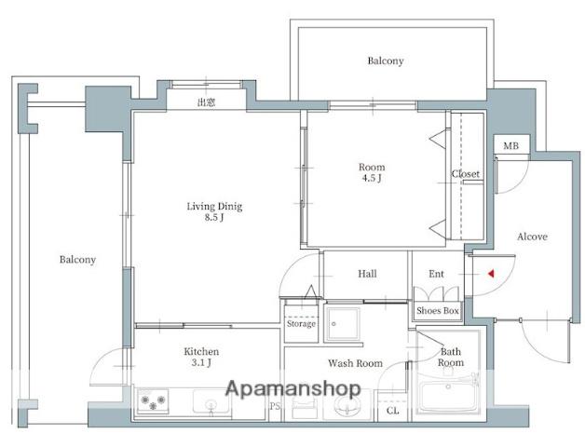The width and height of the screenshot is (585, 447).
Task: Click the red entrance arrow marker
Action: (491, 274)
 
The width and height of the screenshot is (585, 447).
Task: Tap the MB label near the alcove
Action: (510, 146)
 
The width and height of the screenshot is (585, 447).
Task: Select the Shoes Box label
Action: (437, 310)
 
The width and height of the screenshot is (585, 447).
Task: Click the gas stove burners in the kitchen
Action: (153, 400)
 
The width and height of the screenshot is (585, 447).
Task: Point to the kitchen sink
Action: (211, 401)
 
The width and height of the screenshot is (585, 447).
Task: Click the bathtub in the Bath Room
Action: (448, 393)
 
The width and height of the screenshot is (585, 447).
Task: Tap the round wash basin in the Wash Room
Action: (347, 406)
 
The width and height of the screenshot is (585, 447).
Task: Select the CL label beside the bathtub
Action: (392, 411)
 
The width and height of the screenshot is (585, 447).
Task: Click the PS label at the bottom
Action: (275, 406)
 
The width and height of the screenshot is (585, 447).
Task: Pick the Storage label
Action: (301, 323)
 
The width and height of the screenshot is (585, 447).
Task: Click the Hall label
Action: (367, 274)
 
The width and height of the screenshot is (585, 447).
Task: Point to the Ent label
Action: (436, 274)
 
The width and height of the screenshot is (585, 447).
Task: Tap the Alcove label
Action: (532, 237)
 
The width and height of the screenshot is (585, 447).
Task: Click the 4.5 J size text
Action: (372, 178)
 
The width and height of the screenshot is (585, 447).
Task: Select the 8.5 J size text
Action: (214, 217)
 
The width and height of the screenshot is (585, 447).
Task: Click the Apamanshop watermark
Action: (293, 389)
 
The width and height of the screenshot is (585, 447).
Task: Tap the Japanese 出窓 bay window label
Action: (206, 102)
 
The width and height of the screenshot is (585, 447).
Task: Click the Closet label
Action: (465, 174)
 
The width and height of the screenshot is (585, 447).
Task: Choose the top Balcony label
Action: (386, 61)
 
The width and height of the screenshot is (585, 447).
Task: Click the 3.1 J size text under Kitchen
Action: (201, 362)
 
